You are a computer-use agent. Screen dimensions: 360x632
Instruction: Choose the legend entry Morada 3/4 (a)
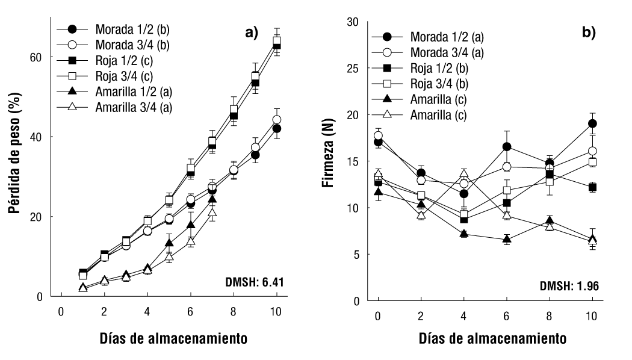point(446,52)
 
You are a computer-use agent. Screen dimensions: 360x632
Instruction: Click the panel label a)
point(250,33)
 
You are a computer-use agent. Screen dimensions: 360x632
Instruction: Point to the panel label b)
point(589,33)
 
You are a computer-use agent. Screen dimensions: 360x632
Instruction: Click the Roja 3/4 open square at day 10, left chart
point(277,41)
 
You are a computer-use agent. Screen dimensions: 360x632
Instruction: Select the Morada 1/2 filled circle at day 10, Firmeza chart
point(592,123)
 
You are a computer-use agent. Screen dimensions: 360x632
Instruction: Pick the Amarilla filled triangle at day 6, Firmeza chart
point(507,240)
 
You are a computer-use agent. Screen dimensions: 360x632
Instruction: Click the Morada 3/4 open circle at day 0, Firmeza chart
point(378,135)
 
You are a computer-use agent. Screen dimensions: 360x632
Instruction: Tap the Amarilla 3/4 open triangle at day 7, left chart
point(212,212)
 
